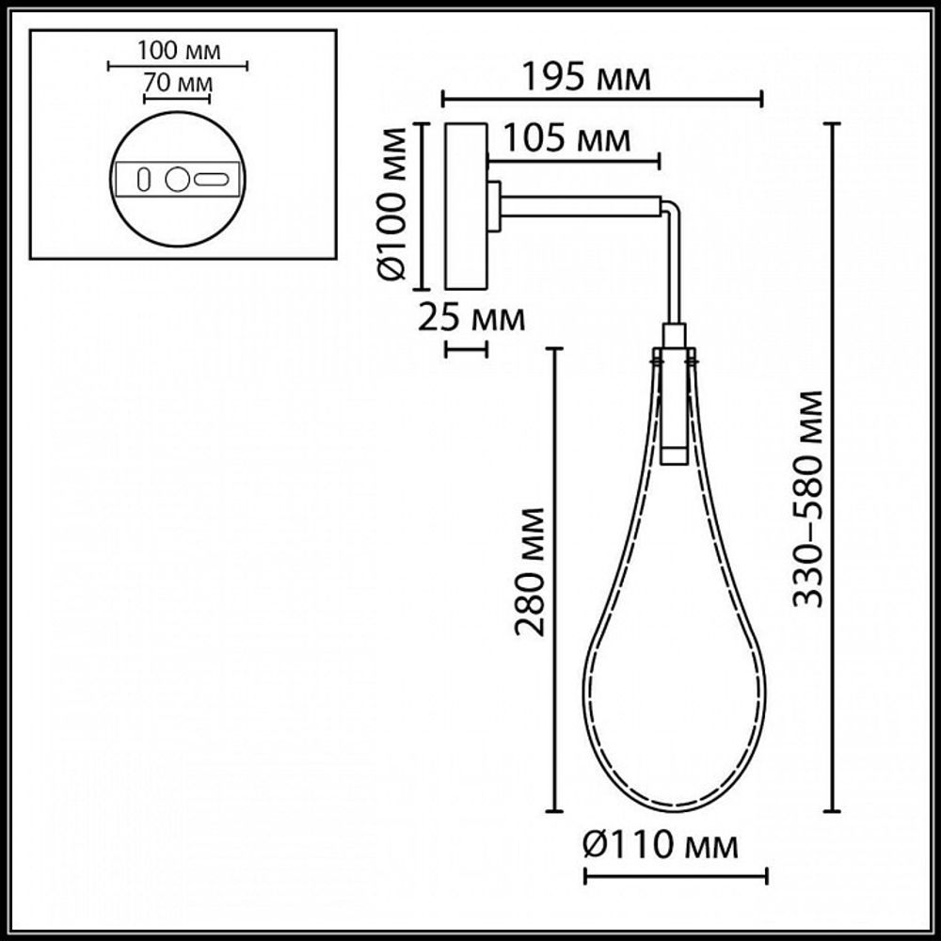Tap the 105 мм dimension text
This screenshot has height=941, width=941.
coord(566,140)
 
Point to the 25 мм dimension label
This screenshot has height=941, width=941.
coord(470,319)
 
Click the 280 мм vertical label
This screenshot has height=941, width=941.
coord(531,570)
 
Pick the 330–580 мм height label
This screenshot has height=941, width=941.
coord(808,499)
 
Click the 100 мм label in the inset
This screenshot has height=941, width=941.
coord(178,50)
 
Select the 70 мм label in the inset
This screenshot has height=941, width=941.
coord(177,83)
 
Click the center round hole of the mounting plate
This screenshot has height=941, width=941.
coord(177,179)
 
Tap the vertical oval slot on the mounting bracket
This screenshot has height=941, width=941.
coord(144,179)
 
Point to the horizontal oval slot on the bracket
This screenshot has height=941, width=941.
coord(212,179)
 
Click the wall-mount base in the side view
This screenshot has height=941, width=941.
coord(466,206)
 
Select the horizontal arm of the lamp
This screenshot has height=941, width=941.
coord(582,204)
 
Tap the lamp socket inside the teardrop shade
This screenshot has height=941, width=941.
coord(674,409)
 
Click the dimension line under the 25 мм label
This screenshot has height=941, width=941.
coord(466,350)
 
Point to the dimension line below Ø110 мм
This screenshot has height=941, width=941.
coord(676,877)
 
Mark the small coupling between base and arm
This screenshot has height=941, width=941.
coord(494,205)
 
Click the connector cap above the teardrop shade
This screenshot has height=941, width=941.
coord(674,336)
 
